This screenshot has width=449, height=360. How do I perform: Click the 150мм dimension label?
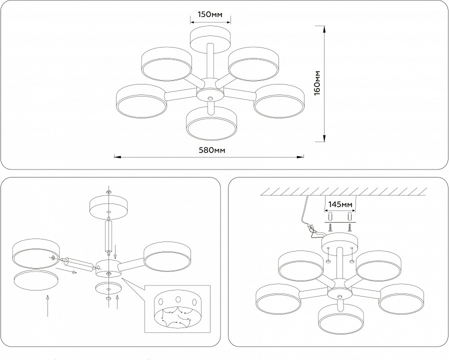[x=210, y=14]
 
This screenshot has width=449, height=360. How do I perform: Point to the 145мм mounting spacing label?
[x=339, y=204]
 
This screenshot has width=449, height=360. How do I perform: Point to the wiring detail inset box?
[x=177, y=308]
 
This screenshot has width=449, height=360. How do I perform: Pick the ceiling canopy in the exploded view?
[x=108, y=205]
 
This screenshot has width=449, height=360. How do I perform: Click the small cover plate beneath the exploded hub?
[x=108, y=288]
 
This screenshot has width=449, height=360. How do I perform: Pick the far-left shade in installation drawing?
[x=278, y=300]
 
